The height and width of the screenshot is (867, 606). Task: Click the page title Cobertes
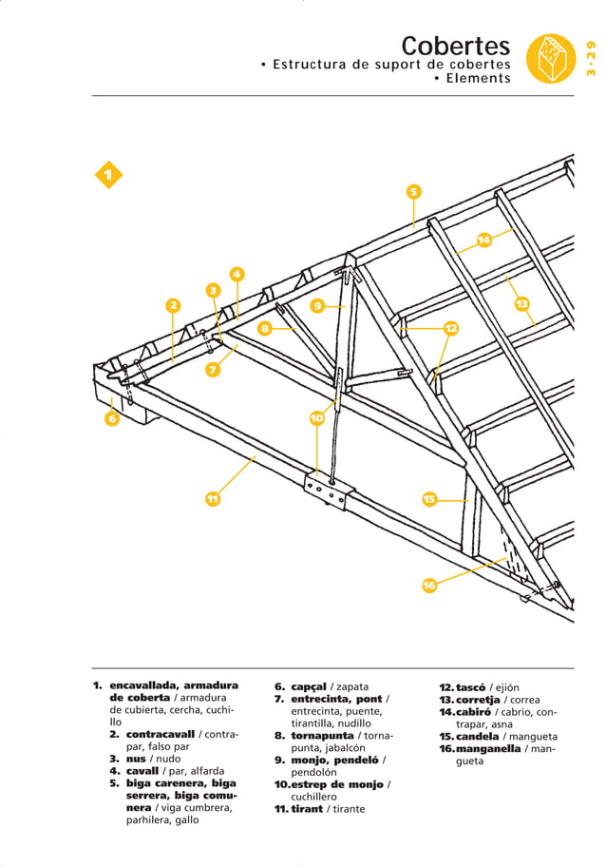coord(455,46)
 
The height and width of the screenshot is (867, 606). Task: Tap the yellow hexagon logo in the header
coord(552,57)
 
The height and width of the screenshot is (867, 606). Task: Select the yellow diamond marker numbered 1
coord(108,175)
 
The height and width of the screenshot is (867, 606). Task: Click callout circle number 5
coord(413,192)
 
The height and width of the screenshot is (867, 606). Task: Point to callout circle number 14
coord(483,240)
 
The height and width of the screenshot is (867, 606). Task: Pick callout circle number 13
coord(521,303)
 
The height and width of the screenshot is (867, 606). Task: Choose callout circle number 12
coord(451,328)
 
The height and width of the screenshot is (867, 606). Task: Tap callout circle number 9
coord(317,305)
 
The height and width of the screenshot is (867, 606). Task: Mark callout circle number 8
coord(265,328)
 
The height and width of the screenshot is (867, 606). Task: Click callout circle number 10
coord(317,417)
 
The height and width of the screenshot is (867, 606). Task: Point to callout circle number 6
coord(111,417)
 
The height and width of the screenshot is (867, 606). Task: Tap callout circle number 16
coord(429,585)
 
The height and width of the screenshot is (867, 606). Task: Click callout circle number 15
coord(429,499)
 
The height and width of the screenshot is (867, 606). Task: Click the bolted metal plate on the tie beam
coord(328,492)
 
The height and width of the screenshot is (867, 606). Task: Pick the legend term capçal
coord(309,686)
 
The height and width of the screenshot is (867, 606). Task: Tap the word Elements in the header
coord(479,79)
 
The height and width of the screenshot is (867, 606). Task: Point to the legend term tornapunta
coord(322,736)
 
